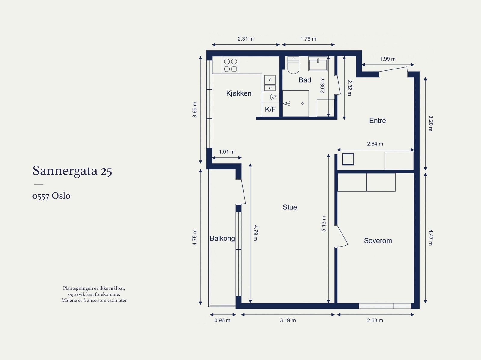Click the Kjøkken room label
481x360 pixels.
click(x=239, y=93)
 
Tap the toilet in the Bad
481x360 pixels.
click(x=293, y=66)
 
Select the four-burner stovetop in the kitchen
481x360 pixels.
click(x=231, y=65)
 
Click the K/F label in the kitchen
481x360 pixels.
click(x=270, y=109)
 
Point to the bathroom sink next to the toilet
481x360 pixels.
click(x=318, y=63)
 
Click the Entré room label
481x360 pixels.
click(x=377, y=121)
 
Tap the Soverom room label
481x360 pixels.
click(x=378, y=241)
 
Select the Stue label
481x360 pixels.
click(x=290, y=207)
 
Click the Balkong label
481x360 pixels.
click(x=222, y=238)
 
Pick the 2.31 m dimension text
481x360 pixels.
click(x=246, y=39)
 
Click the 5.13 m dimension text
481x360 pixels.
click(x=324, y=224)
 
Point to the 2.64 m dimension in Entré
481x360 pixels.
click(x=375, y=144)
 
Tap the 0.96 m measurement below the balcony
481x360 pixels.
click(x=222, y=320)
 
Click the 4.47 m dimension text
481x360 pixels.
click(x=430, y=237)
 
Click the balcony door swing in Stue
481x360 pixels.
click(x=241, y=192)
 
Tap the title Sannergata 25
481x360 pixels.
click(x=72, y=171)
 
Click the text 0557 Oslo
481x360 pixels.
click(x=51, y=196)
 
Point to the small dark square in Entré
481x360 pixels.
click(x=348, y=159)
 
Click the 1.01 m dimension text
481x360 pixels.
click(x=227, y=152)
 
